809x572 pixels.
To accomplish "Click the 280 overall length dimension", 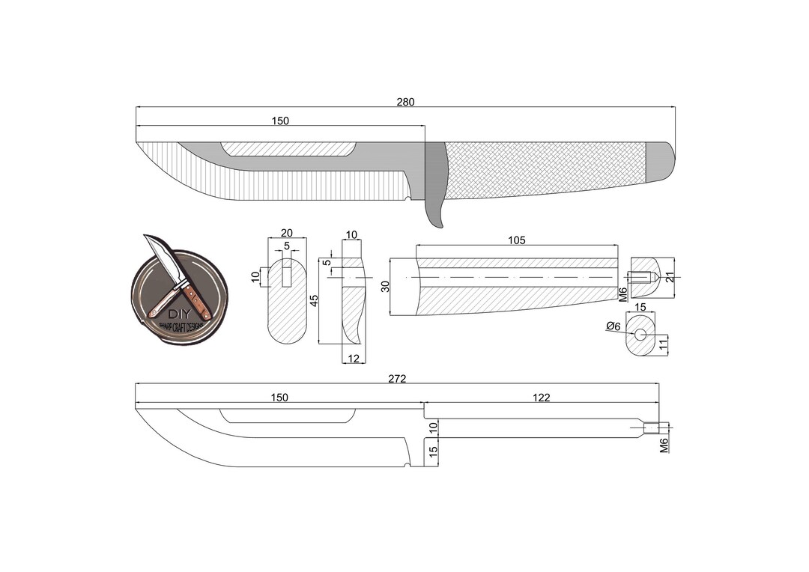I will point(405,102).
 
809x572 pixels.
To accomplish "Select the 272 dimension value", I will point(397,379).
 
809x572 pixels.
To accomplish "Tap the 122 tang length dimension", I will point(541,398).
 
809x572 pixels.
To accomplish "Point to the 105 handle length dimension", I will point(516,240).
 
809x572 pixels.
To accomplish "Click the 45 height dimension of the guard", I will point(315,299).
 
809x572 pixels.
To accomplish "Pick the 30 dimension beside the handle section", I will point(385,287).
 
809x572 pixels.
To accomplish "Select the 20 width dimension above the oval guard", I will point(286,233).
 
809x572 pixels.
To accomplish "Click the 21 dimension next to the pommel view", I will point(670,276).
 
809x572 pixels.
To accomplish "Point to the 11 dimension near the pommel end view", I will point(662,344).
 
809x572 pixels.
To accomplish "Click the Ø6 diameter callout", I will point(613,326).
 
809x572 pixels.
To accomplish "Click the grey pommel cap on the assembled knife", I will point(660,162).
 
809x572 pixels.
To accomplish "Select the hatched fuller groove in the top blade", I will point(289,149).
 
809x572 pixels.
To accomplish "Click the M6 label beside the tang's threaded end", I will point(664,446).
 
